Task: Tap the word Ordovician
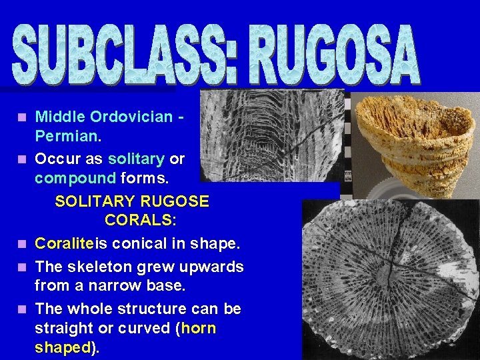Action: click(x=131, y=117)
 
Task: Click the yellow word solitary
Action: click(x=136, y=160)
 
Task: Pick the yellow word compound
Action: click(x=75, y=179)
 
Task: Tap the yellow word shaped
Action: click(x=62, y=347)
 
